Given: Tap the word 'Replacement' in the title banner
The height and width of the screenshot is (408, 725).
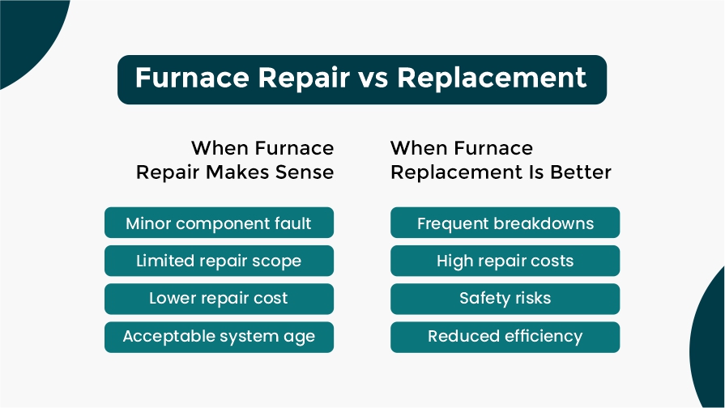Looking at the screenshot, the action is (492, 77).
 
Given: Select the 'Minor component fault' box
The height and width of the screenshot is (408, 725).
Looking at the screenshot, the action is (220, 223).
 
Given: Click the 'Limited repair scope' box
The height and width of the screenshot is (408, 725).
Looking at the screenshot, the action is (220, 261).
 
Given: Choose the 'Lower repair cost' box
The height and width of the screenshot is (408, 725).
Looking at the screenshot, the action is (220, 299).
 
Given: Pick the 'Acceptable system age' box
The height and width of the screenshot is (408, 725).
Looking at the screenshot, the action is (220, 338).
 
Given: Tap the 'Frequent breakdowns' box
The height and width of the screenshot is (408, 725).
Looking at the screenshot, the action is (505, 223).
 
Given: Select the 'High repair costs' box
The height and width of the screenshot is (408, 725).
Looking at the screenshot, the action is (505, 261).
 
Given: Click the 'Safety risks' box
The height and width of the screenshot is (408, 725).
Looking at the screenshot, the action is (505, 299).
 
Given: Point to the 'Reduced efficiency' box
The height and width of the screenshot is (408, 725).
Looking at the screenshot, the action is (505, 338).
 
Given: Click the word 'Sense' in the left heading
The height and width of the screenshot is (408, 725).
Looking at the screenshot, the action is (305, 172).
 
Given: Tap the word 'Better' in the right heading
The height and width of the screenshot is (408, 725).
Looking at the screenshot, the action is (581, 172).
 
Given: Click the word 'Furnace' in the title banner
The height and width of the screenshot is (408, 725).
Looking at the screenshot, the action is (192, 77).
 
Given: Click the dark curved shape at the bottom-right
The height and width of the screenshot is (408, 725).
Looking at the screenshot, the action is (710, 342).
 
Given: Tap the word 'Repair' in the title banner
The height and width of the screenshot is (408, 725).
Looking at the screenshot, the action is (304, 78).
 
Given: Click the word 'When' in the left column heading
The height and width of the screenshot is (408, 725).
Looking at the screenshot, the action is (220, 148).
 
